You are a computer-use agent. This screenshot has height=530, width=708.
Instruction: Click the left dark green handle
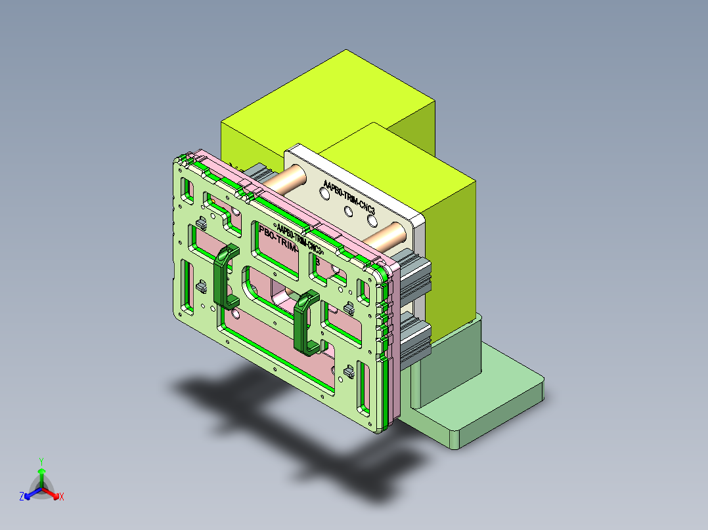click(x=224, y=275)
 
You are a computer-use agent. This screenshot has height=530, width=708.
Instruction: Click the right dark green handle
click(x=306, y=321)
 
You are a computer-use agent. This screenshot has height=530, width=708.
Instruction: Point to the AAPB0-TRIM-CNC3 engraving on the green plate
click(x=299, y=239)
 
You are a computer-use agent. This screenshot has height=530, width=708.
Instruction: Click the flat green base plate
click(x=499, y=394)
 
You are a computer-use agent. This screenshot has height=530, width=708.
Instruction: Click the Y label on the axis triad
click(x=41, y=460)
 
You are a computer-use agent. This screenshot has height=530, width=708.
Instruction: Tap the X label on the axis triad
click(x=61, y=497)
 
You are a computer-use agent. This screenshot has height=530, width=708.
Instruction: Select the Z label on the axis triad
click(x=22, y=497)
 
